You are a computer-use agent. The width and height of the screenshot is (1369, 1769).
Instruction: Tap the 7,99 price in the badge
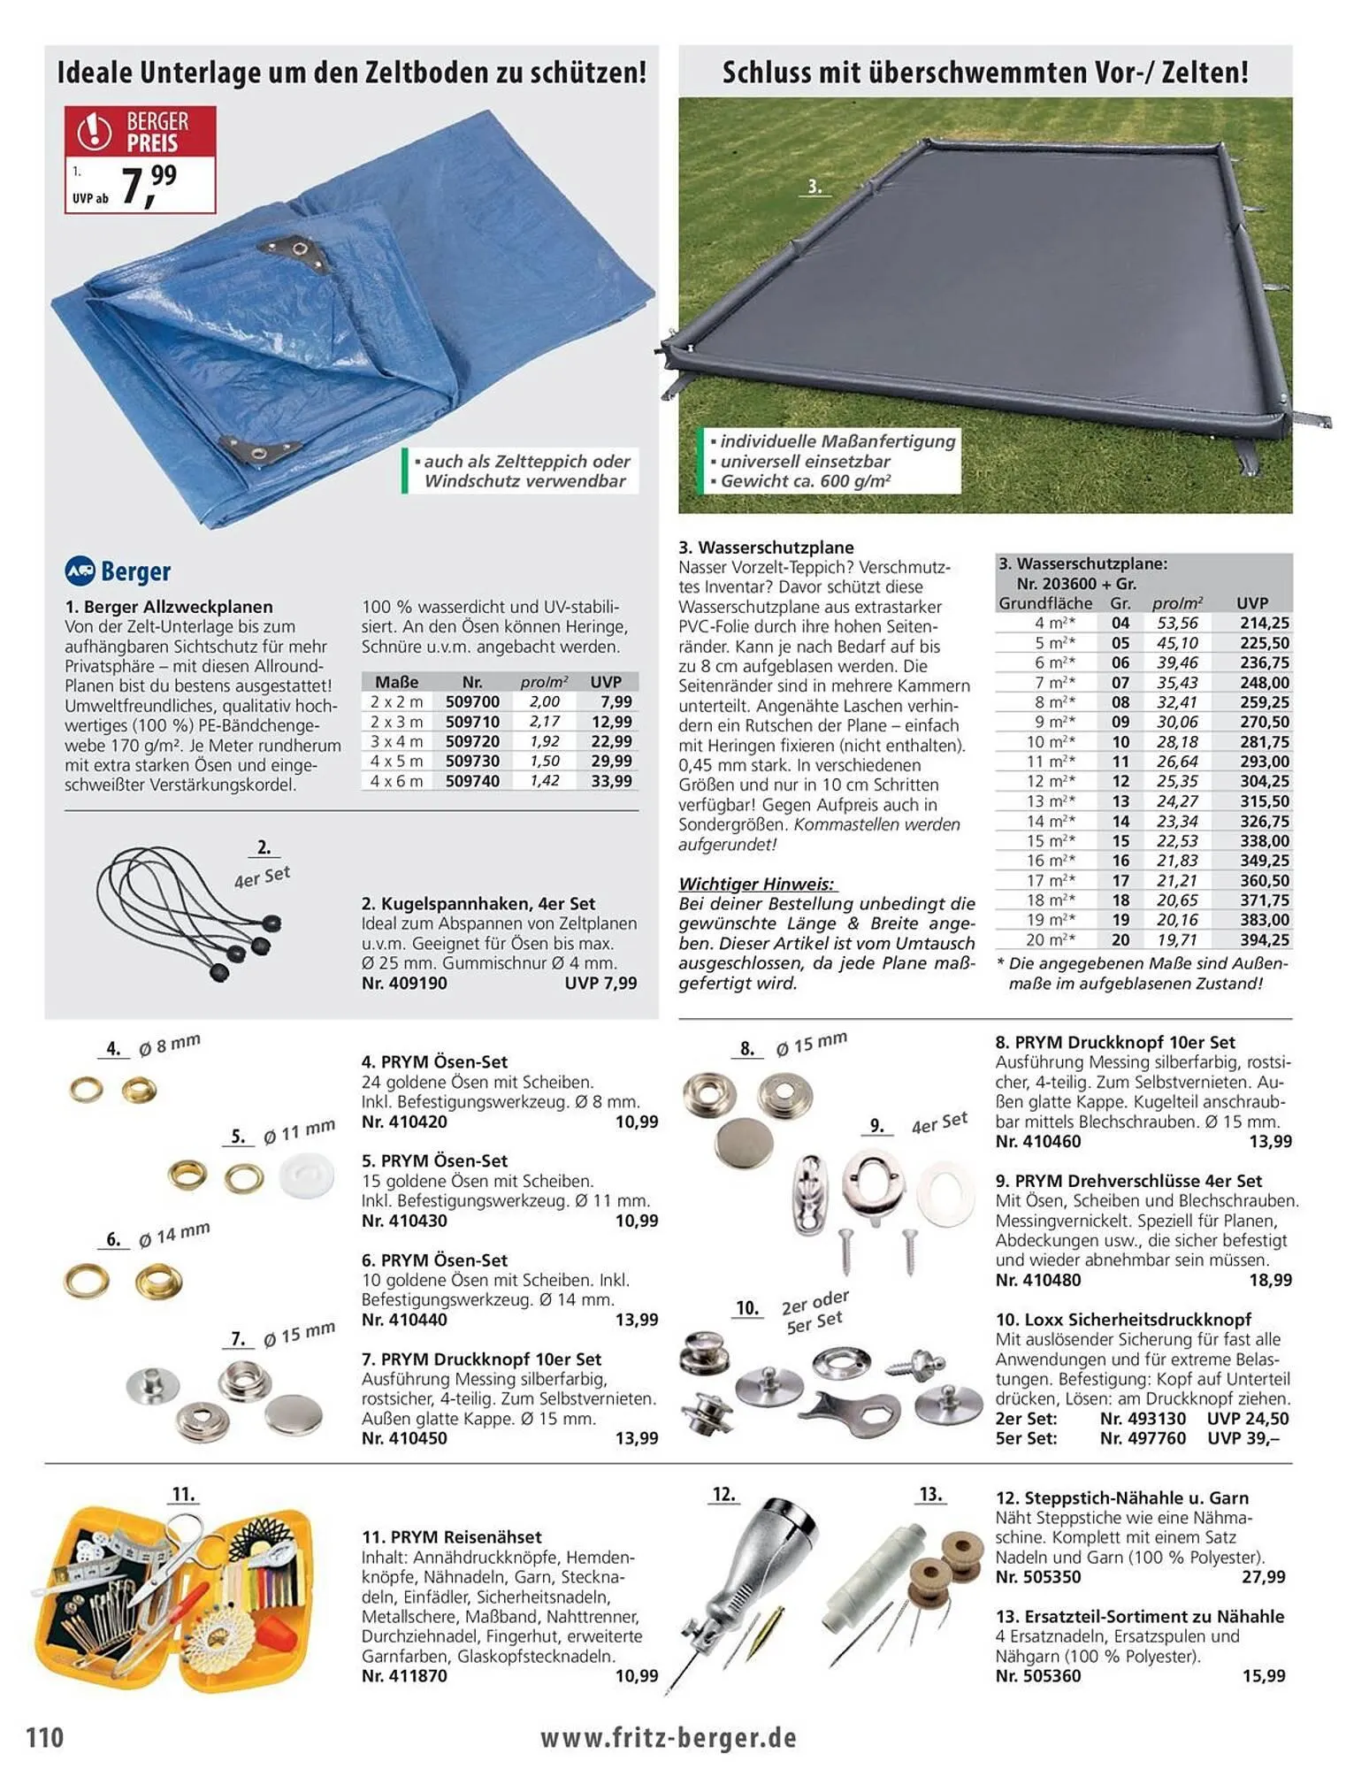coord(149,185)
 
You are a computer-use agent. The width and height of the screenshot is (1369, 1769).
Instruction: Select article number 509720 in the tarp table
coord(472,741)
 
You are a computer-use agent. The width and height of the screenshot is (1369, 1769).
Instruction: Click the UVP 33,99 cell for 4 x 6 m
coord(611,781)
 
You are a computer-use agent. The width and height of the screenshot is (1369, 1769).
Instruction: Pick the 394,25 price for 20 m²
coord(1264,939)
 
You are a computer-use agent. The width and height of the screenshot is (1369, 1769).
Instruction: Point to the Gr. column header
coord(1120,603)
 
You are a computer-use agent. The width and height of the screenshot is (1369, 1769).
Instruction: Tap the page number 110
coord(45,1737)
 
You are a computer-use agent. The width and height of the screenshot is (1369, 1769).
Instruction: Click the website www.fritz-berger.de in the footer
coord(669,1737)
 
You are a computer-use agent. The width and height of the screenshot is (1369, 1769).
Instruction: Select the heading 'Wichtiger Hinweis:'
coord(756,884)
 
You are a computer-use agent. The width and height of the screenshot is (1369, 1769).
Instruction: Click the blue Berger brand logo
coord(118,571)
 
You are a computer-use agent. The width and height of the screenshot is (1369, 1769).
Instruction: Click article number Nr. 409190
coord(404,983)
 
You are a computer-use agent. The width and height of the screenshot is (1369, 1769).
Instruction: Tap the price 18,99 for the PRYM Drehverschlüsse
coord(1270,1280)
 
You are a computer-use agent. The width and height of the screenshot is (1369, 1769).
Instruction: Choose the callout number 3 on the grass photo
coord(815,187)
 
